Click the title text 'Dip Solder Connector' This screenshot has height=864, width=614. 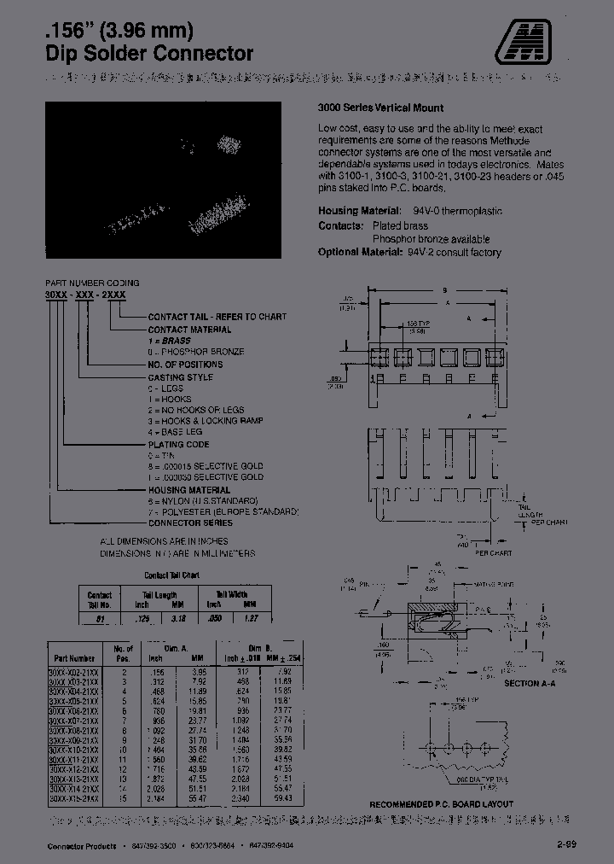click(148, 54)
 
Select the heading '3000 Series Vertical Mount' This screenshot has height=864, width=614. click(379, 108)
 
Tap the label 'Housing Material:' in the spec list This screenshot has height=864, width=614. click(359, 211)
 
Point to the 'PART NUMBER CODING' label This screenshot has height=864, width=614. click(92, 283)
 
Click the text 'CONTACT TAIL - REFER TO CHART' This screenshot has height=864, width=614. click(217, 317)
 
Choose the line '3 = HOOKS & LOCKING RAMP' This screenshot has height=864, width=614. click(206, 421)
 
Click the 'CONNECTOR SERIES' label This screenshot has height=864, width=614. click(190, 522)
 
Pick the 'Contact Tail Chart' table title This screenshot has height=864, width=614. click(171, 575)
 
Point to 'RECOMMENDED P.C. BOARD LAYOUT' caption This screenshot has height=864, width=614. click(441, 804)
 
